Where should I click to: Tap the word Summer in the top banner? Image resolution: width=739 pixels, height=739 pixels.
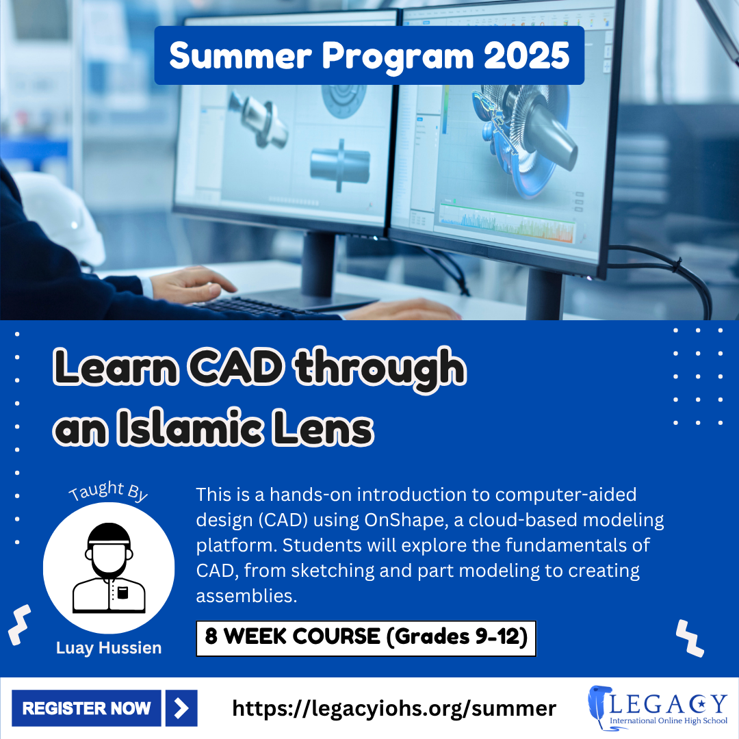tap(240, 55)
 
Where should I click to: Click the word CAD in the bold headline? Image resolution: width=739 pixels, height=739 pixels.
tap(235, 367)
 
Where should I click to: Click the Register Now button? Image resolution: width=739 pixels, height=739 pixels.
tap(86, 708)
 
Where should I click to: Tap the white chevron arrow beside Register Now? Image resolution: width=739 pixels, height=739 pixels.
tap(181, 708)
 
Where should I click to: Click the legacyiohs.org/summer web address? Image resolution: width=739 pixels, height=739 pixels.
tap(394, 708)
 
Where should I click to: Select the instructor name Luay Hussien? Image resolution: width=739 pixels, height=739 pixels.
tap(109, 648)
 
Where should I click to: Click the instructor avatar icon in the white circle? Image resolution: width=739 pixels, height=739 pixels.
tap(109, 567)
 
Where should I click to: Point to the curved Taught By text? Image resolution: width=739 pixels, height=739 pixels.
tap(108, 491)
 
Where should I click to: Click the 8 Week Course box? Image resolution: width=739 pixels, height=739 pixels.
tap(366, 638)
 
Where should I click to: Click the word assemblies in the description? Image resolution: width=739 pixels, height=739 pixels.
tap(246, 596)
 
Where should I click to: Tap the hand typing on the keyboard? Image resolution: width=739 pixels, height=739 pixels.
tap(193, 285)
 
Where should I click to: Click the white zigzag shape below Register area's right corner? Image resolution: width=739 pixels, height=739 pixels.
tap(690, 638)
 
